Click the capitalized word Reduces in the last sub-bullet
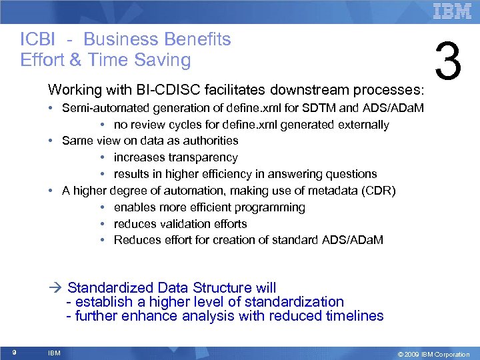pos(135,240)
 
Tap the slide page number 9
pos(14,353)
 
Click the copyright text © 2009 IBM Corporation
pos(433,354)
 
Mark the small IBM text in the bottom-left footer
pos(55,353)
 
